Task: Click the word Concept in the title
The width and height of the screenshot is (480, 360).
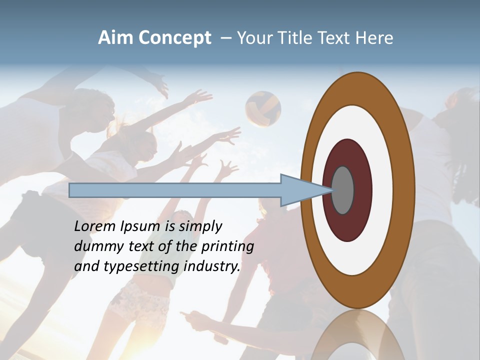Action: [174, 38]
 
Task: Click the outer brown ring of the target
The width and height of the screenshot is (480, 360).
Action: [357, 88]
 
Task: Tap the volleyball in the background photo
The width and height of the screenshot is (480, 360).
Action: [263, 107]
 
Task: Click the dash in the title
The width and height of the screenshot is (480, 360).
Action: [225, 38]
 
